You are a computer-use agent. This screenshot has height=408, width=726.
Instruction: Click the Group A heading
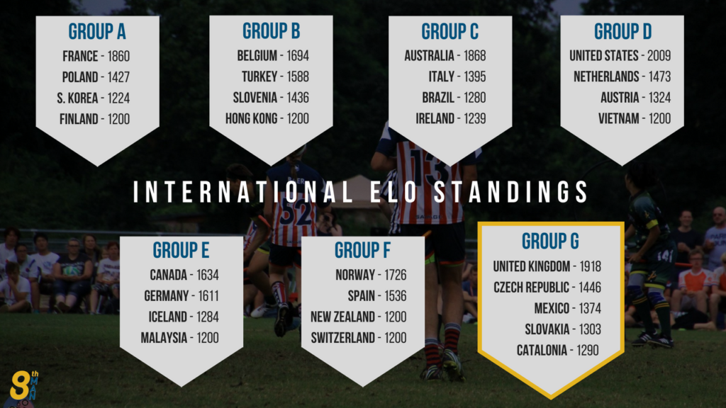click(97, 31)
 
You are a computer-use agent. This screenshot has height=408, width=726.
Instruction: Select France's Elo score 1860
click(118, 57)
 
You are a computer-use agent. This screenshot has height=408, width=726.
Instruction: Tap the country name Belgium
click(257, 56)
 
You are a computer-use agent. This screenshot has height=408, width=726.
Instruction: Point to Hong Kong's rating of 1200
click(298, 119)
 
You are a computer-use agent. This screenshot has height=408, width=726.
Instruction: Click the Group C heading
click(450, 31)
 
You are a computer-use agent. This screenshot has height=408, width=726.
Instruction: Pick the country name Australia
click(429, 56)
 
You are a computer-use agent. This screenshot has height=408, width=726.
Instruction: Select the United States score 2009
click(659, 56)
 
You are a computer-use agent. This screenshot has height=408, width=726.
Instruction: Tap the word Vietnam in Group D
click(618, 119)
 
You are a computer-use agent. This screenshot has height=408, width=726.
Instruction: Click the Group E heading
click(181, 250)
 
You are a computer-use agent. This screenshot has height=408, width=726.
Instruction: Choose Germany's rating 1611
click(208, 296)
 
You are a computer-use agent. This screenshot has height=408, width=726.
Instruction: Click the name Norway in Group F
click(355, 276)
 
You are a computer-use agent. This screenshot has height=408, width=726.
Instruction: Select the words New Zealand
click(342, 317)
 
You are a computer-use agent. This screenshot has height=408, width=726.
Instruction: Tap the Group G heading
click(550, 241)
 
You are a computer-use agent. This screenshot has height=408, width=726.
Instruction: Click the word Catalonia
click(542, 351)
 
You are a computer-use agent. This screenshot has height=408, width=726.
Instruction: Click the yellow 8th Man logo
click(24, 386)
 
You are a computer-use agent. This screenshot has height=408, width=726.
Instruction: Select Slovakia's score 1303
click(589, 329)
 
